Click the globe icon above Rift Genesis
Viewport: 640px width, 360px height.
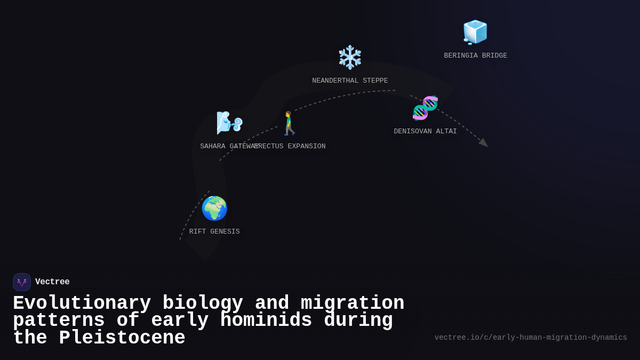(214, 209)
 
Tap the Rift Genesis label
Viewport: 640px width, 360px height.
(214, 232)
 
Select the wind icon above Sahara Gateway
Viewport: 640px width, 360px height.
(229, 123)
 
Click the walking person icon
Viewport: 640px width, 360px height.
(289, 123)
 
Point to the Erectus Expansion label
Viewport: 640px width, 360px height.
(292, 147)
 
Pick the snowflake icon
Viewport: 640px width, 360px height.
(350, 58)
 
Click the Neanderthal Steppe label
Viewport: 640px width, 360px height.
(350, 81)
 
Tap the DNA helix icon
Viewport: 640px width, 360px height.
(425, 108)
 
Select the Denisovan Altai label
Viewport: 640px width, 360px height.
(425, 132)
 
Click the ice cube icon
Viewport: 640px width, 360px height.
(475, 33)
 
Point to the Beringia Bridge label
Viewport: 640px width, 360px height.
(475, 56)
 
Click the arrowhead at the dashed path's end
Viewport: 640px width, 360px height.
(484, 143)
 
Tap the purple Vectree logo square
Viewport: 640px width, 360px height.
(22, 282)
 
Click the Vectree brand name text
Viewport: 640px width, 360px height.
(52, 282)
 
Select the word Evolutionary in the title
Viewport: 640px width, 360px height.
(82, 303)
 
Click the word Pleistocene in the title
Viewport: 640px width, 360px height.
(122, 338)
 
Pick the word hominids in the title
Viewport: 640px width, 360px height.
(266, 321)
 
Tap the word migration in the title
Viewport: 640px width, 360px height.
(353, 303)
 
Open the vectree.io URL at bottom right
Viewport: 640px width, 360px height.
(531, 338)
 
